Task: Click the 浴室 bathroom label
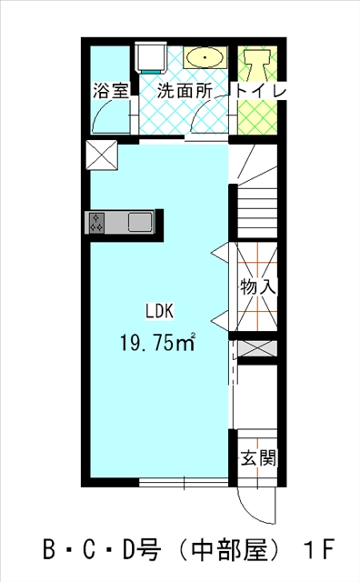pyautogui.click(x=111, y=91)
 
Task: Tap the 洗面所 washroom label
pyautogui.click(x=185, y=91)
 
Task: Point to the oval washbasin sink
pyautogui.click(x=205, y=57)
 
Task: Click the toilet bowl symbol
pyautogui.click(x=257, y=65)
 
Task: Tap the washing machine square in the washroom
pyautogui.click(x=152, y=57)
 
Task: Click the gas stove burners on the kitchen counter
pyautogui.click(x=96, y=223)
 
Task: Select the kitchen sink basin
pyautogui.click(x=140, y=223)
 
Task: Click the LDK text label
pyautogui.click(x=159, y=311)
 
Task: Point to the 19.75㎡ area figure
pyautogui.click(x=157, y=342)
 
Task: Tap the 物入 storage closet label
pyautogui.click(x=258, y=287)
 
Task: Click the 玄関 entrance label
pyautogui.click(x=258, y=457)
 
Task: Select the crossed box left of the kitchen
pyautogui.click(x=102, y=155)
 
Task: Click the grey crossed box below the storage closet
pyautogui.click(x=257, y=348)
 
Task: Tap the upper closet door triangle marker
pyautogui.click(x=220, y=253)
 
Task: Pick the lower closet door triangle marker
pyautogui.click(x=220, y=319)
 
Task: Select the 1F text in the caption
pyautogui.click(x=319, y=549)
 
